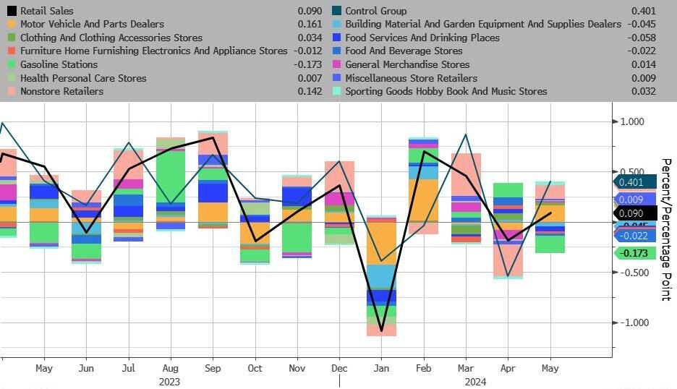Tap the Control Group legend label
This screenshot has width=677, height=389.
(x=375, y=11)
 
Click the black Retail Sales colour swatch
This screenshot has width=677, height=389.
(x=12, y=11)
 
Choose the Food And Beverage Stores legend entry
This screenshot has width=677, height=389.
(x=403, y=51)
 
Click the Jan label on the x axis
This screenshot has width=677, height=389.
(x=381, y=368)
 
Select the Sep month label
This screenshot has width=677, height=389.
(x=213, y=368)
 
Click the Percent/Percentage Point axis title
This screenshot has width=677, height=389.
(x=666, y=229)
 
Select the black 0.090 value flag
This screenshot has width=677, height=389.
(x=635, y=213)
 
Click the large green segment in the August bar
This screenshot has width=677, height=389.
(x=171, y=177)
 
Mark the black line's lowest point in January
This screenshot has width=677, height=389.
(x=381, y=331)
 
